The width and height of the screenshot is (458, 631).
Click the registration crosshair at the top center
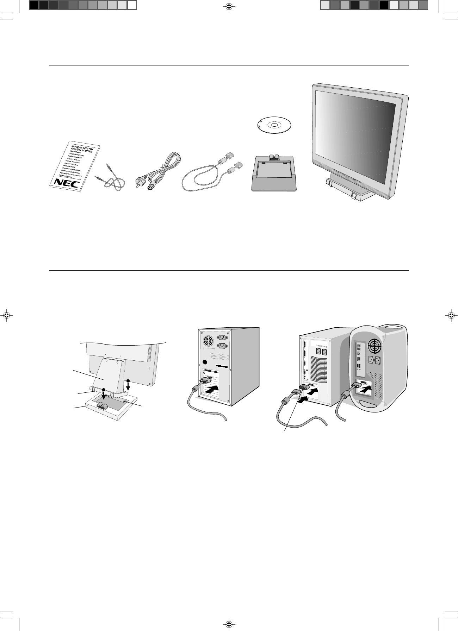click(229, 6)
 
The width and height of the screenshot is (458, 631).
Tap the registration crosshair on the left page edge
click(6, 315)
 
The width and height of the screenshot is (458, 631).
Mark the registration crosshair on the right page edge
click(452, 315)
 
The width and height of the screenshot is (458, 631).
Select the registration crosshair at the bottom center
click(229, 624)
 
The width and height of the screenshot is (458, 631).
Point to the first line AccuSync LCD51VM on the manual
click(82, 149)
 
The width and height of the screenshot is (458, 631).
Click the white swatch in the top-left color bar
click(132, 5)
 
